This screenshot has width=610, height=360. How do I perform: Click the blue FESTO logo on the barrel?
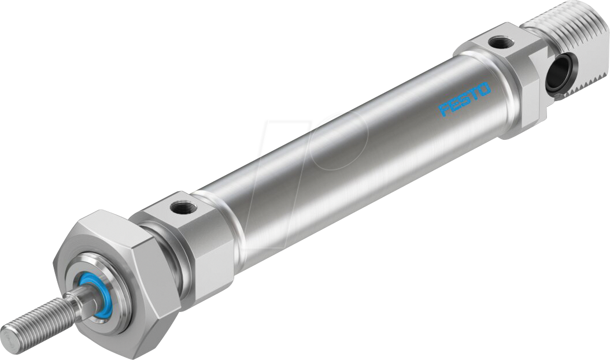465,99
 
